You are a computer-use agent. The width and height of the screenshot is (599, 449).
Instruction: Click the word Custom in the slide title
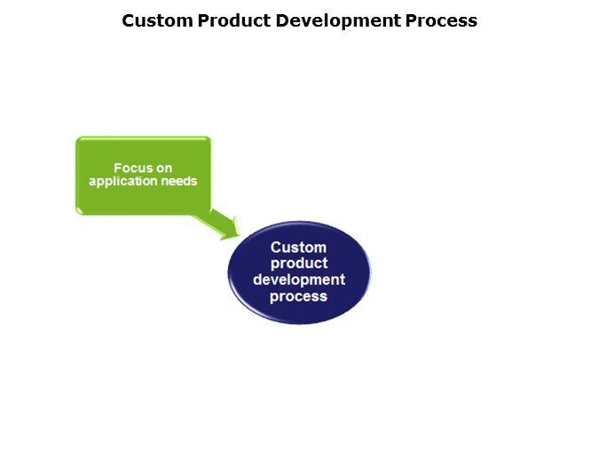157,20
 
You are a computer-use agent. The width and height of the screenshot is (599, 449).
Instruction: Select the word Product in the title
234,20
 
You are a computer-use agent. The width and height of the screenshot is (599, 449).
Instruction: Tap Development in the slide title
338,21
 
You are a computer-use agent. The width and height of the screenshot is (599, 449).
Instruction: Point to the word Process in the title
441,20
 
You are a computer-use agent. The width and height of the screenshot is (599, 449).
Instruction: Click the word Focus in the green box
131,168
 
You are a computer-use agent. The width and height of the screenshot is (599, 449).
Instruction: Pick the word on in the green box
162,169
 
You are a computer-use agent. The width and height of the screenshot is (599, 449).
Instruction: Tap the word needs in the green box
179,181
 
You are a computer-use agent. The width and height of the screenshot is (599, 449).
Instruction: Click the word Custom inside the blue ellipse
298,248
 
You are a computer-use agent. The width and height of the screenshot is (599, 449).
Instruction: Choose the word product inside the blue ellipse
299,264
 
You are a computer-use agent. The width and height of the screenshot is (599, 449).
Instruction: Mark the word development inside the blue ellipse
299,280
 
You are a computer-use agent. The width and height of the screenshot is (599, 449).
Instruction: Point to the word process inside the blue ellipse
298,296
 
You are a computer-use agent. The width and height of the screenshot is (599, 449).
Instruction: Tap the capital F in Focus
117,168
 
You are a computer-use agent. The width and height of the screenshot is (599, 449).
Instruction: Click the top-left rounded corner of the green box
78,139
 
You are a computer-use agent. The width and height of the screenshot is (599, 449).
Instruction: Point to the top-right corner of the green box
209,138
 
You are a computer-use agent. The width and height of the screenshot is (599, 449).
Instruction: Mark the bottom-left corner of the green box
78,212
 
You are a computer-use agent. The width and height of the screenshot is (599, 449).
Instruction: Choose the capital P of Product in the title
203,20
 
